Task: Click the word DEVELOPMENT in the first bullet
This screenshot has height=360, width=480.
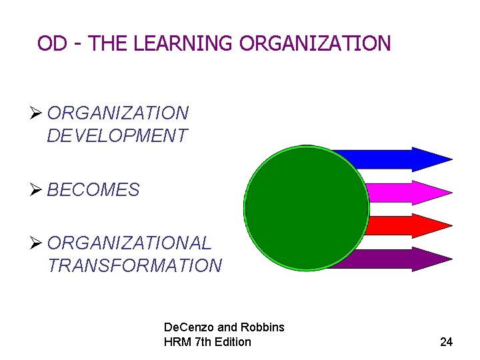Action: [x=117, y=136]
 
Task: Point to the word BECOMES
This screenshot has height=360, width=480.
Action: [x=93, y=190]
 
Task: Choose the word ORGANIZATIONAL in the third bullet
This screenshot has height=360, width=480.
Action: [x=129, y=243]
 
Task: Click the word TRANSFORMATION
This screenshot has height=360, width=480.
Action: [x=135, y=265]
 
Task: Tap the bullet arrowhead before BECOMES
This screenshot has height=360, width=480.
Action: [x=39, y=189]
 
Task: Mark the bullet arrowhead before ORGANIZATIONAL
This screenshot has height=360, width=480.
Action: [x=39, y=243]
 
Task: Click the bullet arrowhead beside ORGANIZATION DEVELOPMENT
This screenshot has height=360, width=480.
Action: [x=39, y=113]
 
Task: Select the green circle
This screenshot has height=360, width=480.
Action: [x=307, y=208]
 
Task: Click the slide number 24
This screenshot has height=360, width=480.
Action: [x=446, y=342]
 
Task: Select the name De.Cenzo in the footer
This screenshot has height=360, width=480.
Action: [x=189, y=327]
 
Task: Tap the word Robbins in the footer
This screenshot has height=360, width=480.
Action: [x=262, y=327]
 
